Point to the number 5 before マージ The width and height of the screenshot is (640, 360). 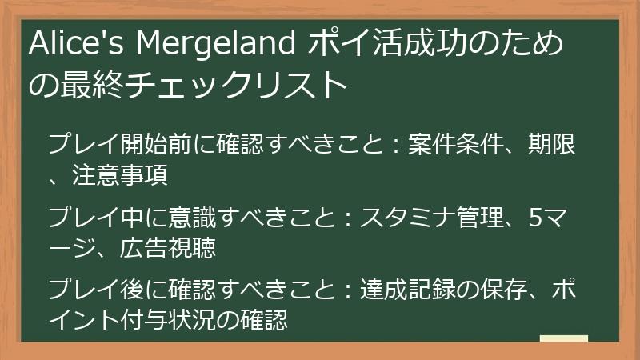(x=537, y=218)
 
